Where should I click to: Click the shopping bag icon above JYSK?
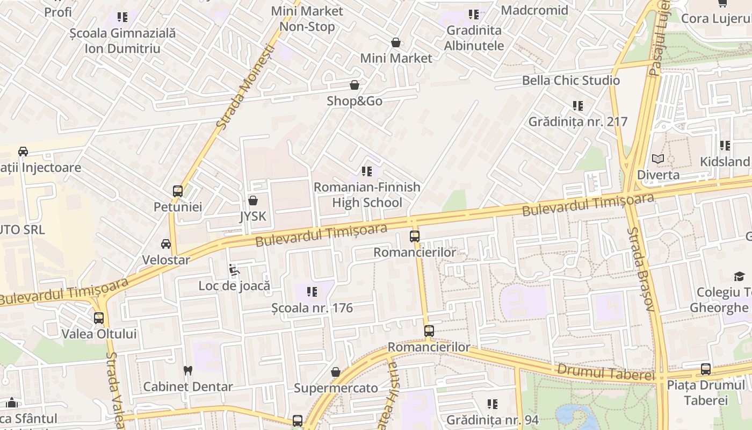[x=253, y=200]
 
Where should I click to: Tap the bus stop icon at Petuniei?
[x=177, y=191]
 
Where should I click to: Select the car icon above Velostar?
[x=166, y=244]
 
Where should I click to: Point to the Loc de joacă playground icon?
[x=234, y=269]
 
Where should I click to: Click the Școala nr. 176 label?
[x=312, y=308]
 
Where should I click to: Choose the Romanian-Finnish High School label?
[x=367, y=195]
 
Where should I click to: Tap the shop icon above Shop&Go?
[x=355, y=85]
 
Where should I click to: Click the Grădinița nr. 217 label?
[x=578, y=121]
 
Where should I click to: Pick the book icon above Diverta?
[x=658, y=159]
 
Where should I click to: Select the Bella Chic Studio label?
[x=571, y=80]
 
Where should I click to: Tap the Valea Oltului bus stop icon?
[x=99, y=318]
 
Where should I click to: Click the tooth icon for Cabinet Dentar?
[x=187, y=370]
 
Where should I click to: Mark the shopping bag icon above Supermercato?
[x=336, y=372]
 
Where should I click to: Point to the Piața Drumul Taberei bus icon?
[x=706, y=369]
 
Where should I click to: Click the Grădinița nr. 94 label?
[x=492, y=420]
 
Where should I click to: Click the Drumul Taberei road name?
[x=605, y=372]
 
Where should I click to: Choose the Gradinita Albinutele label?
[x=474, y=38]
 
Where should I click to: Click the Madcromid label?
[x=534, y=10]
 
